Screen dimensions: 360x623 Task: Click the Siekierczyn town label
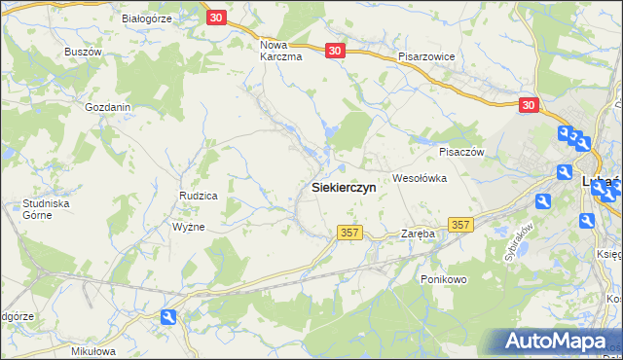click(343, 188)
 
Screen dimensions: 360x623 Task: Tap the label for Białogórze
click(147, 18)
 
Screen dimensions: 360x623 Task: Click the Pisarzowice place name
click(426, 56)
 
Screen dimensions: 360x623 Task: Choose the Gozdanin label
click(108, 107)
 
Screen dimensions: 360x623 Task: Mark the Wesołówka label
click(419, 178)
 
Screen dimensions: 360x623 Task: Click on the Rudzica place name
click(198, 196)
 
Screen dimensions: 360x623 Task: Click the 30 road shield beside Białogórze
click(216, 18)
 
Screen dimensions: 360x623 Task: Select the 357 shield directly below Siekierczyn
click(350, 233)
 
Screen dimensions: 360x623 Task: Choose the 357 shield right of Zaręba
click(461, 225)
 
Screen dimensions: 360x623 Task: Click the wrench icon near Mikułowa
click(168, 316)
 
